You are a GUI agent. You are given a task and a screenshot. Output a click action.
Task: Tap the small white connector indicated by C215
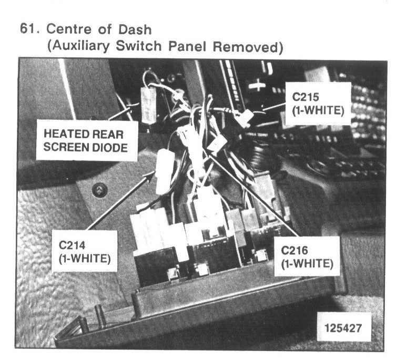[242, 118]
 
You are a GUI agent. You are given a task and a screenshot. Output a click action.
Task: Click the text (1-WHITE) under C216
[307, 264]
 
